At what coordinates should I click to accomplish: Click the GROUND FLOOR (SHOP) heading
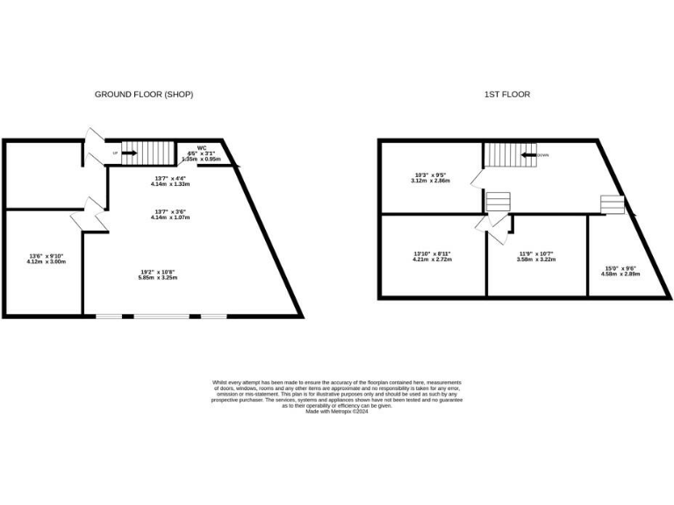(144, 94)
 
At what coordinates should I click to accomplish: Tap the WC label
(201, 148)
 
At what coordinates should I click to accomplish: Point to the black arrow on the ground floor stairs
(128, 153)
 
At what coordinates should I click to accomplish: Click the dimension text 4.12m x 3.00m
(47, 261)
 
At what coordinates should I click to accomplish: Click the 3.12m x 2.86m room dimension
(431, 180)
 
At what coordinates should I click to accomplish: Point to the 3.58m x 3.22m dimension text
(535, 260)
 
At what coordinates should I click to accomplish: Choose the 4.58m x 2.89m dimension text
(620, 274)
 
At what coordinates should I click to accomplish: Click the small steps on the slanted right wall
(612, 204)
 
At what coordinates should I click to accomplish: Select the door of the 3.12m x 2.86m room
(476, 179)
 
